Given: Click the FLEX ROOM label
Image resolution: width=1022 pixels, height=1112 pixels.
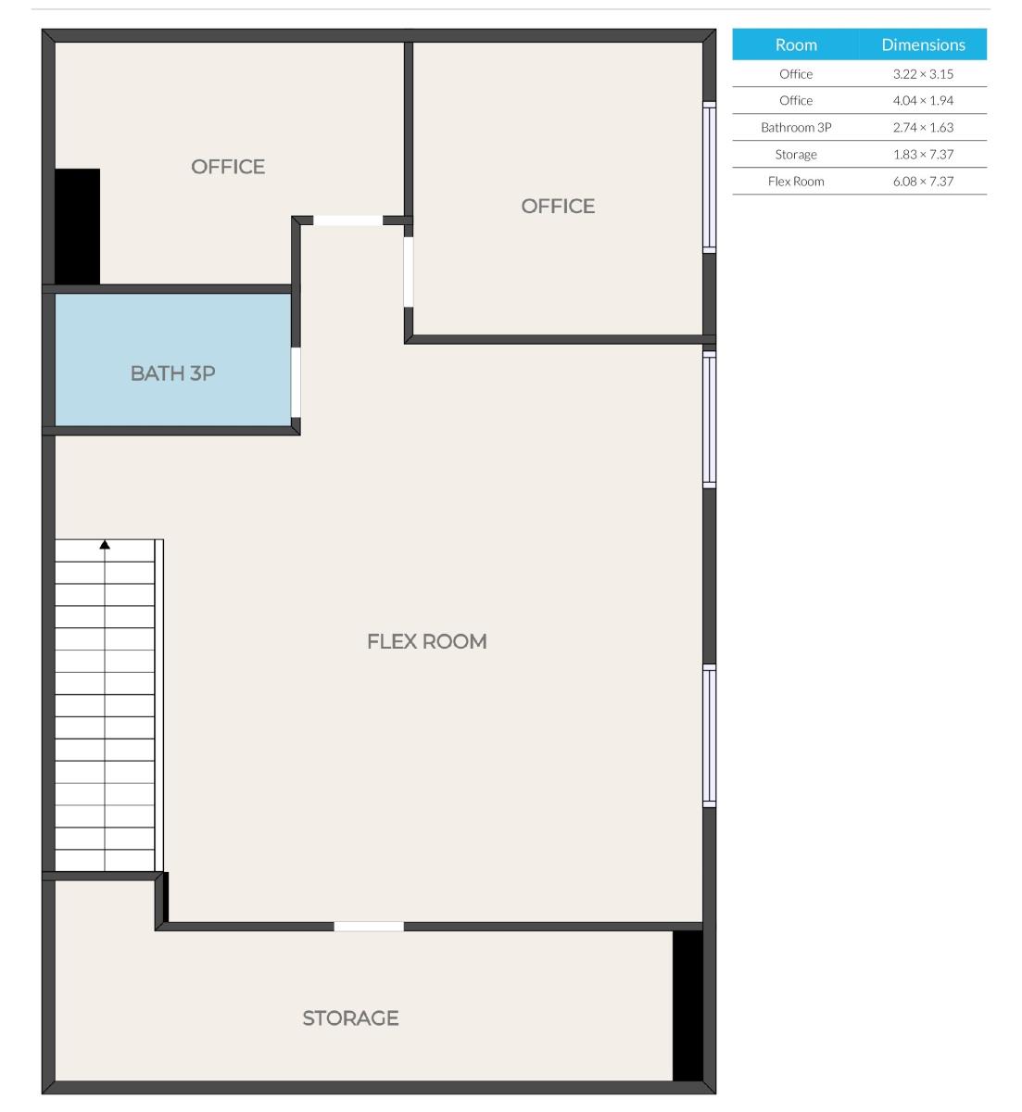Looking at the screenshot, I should (x=426, y=641).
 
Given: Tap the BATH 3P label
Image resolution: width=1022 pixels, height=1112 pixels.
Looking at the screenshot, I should (x=172, y=373).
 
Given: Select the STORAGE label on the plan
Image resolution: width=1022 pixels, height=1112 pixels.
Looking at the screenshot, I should (x=350, y=1017).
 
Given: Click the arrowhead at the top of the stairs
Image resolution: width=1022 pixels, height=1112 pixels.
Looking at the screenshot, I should (x=105, y=545).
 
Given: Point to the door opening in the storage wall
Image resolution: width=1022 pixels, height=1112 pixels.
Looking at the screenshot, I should (x=369, y=926).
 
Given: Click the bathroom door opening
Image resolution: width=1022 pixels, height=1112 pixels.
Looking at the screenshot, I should (x=296, y=383).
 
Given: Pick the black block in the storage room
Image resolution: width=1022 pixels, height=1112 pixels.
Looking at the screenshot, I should (x=687, y=1005).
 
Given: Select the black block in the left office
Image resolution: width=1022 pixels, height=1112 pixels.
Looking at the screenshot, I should (x=77, y=226).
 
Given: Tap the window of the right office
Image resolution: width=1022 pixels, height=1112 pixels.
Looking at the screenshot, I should (x=709, y=177).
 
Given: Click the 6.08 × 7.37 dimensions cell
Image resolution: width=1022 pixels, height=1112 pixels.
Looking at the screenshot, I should (x=923, y=182).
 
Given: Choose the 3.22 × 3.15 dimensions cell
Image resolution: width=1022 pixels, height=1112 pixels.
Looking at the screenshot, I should (x=923, y=74).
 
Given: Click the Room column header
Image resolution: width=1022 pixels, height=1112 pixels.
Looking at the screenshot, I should (x=796, y=44).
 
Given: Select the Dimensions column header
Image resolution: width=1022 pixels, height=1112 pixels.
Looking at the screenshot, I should (x=923, y=44).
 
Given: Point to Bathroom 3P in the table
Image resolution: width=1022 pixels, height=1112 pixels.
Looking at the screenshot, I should (x=796, y=128).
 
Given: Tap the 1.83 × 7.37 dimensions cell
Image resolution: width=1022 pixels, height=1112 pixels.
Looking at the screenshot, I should (x=923, y=155).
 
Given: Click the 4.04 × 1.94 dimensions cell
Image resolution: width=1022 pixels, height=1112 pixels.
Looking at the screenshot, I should (x=923, y=101).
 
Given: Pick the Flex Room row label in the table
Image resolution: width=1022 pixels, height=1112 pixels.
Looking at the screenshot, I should (x=796, y=182).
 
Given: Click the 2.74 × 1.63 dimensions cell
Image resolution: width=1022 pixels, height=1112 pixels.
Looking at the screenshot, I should (x=923, y=128).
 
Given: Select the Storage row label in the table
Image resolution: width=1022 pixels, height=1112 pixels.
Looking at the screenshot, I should (x=796, y=155).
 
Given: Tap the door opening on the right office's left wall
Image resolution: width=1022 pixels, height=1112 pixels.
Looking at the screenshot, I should (x=408, y=272).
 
